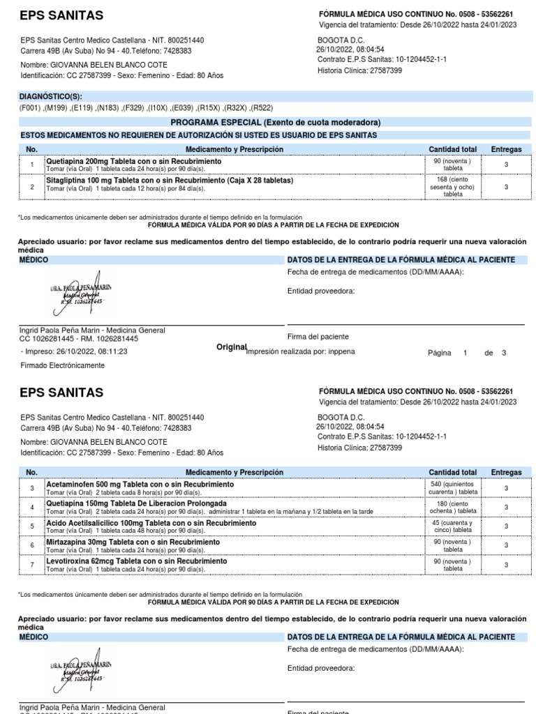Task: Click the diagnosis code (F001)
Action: click(x=30, y=108)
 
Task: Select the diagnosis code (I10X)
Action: click(x=158, y=108)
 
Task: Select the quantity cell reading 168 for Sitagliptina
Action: click(x=453, y=186)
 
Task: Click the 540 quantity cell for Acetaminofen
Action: click(x=453, y=487)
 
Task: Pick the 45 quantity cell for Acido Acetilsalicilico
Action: click(x=453, y=526)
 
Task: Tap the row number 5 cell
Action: click(x=31, y=526)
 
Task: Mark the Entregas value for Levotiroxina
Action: click(x=506, y=565)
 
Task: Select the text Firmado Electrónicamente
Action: click(x=63, y=365)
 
